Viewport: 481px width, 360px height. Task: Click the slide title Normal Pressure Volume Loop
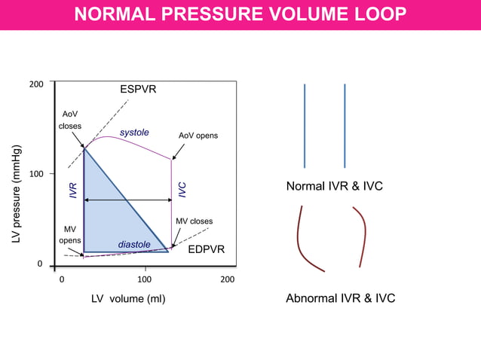pyautogui.click(x=240, y=14)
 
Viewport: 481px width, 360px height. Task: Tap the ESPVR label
pyautogui.click(x=138, y=90)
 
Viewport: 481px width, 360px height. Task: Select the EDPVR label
pyautogui.click(x=206, y=249)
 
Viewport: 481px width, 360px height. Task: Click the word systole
pyautogui.click(x=135, y=133)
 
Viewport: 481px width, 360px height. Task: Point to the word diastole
pyautogui.click(x=133, y=245)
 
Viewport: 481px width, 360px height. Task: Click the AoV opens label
pyautogui.click(x=198, y=136)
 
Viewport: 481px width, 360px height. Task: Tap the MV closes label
pyautogui.click(x=194, y=221)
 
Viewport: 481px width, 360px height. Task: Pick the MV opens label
pyautogui.click(x=70, y=233)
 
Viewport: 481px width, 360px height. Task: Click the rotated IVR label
pyautogui.click(x=73, y=191)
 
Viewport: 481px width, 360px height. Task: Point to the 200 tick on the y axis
pyautogui.click(x=35, y=84)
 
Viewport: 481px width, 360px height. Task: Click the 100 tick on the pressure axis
pyautogui.click(x=35, y=174)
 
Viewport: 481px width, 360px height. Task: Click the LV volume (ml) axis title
pyautogui.click(x=128, y=299)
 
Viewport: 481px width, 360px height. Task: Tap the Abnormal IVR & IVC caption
pyautogui.click(x=340, y=299)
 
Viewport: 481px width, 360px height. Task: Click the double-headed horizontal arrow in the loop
pyautogui.click(x=128, y=200)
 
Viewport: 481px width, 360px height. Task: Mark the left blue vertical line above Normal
pyautogui.click(x=305, y=126)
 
